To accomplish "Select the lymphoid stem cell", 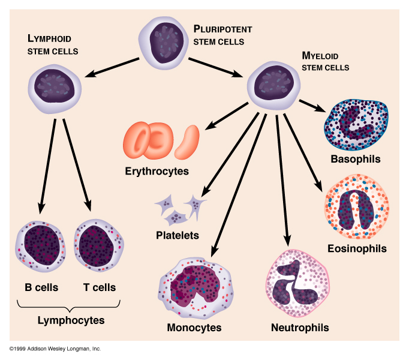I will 54,88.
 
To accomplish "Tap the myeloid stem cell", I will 273,83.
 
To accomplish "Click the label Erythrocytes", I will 157,172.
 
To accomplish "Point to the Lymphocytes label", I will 71,320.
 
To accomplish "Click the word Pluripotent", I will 222,29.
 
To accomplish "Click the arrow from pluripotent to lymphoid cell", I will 114,66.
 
